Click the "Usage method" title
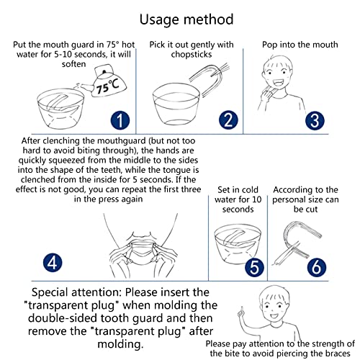point(186,19)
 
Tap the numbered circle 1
point(120,120)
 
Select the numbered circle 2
point(228,120)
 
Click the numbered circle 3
point(315,120)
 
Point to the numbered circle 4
point(53,263)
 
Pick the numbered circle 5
point(254,267)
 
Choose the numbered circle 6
point(317,267)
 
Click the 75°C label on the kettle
point(107,87)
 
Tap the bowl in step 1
point(60,109)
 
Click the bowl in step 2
point(176,104)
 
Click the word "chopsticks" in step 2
point(192,55)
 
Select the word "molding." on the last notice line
point(120,344)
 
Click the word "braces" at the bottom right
point(338,354)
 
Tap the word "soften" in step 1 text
point(73,64)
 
